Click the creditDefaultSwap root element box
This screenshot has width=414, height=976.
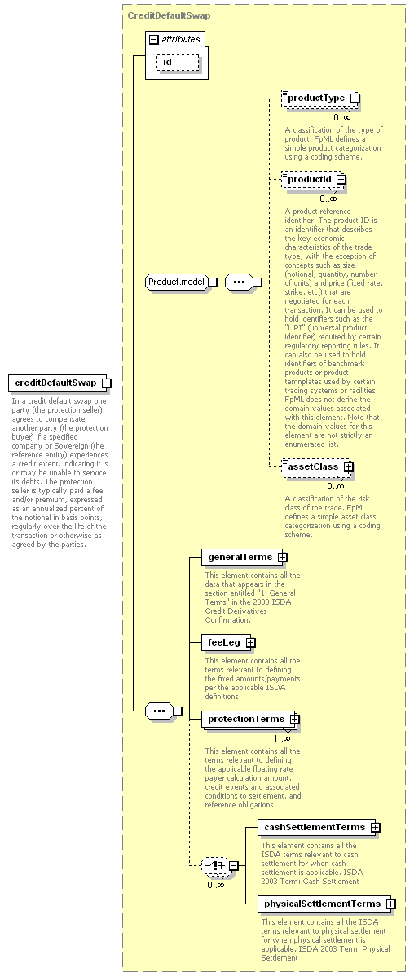point(59,383)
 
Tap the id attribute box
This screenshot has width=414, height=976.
point(178,62)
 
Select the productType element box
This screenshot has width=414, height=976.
point(319,98)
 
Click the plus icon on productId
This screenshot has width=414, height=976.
point(341,179)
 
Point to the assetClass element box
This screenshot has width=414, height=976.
point(316,466)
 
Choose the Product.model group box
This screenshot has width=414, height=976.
point(177,282)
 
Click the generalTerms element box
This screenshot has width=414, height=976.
point(244,557)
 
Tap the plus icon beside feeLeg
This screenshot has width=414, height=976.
point(251,642)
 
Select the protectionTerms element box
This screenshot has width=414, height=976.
point(248,719)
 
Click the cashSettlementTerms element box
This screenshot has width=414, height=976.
point(317,827)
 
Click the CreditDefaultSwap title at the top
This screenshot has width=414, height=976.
point(169,15)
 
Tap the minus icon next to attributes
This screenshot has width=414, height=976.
point(154,39)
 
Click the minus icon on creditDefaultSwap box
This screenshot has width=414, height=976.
point(107,383)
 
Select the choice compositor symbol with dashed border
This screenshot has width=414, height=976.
point(215,865)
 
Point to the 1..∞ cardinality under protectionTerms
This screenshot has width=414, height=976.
point(282,738)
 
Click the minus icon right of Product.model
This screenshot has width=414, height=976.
point(213,282)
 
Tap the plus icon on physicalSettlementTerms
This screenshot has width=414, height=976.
point(391,904)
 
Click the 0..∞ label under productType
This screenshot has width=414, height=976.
point(341,117)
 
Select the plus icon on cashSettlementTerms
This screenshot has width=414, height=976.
point(376,828)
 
